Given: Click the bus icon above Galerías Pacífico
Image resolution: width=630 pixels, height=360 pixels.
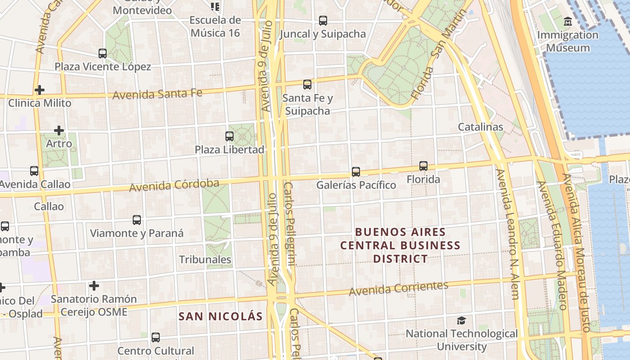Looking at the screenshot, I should [356, 171].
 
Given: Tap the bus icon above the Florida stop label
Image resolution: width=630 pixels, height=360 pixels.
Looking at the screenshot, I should [423, 166].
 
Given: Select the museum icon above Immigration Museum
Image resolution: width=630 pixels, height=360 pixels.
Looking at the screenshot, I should [567, 21].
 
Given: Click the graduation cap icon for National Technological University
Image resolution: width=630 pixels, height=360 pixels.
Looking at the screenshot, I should [461, 320].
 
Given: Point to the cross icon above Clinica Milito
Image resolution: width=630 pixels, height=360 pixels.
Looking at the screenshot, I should [40, 90].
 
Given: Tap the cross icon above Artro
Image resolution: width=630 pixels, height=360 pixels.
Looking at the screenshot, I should [59, 130].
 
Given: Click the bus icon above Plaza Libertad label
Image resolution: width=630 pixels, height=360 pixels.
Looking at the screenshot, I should [229, 136].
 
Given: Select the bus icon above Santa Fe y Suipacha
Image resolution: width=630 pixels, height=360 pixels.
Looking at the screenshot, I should [307, 84].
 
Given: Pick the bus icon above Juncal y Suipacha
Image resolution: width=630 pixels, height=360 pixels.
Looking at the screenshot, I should [323, 20].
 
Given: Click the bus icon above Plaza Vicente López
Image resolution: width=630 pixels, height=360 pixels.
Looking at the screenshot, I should [103, 53].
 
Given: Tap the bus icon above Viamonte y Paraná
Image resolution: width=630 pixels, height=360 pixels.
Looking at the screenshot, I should [137, 220].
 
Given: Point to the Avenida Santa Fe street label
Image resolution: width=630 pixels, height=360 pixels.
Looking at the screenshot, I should [157, 94].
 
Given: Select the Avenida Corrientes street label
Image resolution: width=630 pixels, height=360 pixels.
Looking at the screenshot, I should [399, 288].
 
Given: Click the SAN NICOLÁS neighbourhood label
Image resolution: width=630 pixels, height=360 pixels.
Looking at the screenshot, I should [220, 316].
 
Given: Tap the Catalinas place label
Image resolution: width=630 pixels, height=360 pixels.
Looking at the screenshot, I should [480, 127].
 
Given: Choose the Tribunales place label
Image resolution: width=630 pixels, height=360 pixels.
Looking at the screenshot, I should [205, 260].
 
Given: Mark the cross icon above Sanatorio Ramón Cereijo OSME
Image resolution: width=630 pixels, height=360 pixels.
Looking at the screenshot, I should [94, 286].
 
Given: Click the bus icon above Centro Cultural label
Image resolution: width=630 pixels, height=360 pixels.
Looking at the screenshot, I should [156, 337].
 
